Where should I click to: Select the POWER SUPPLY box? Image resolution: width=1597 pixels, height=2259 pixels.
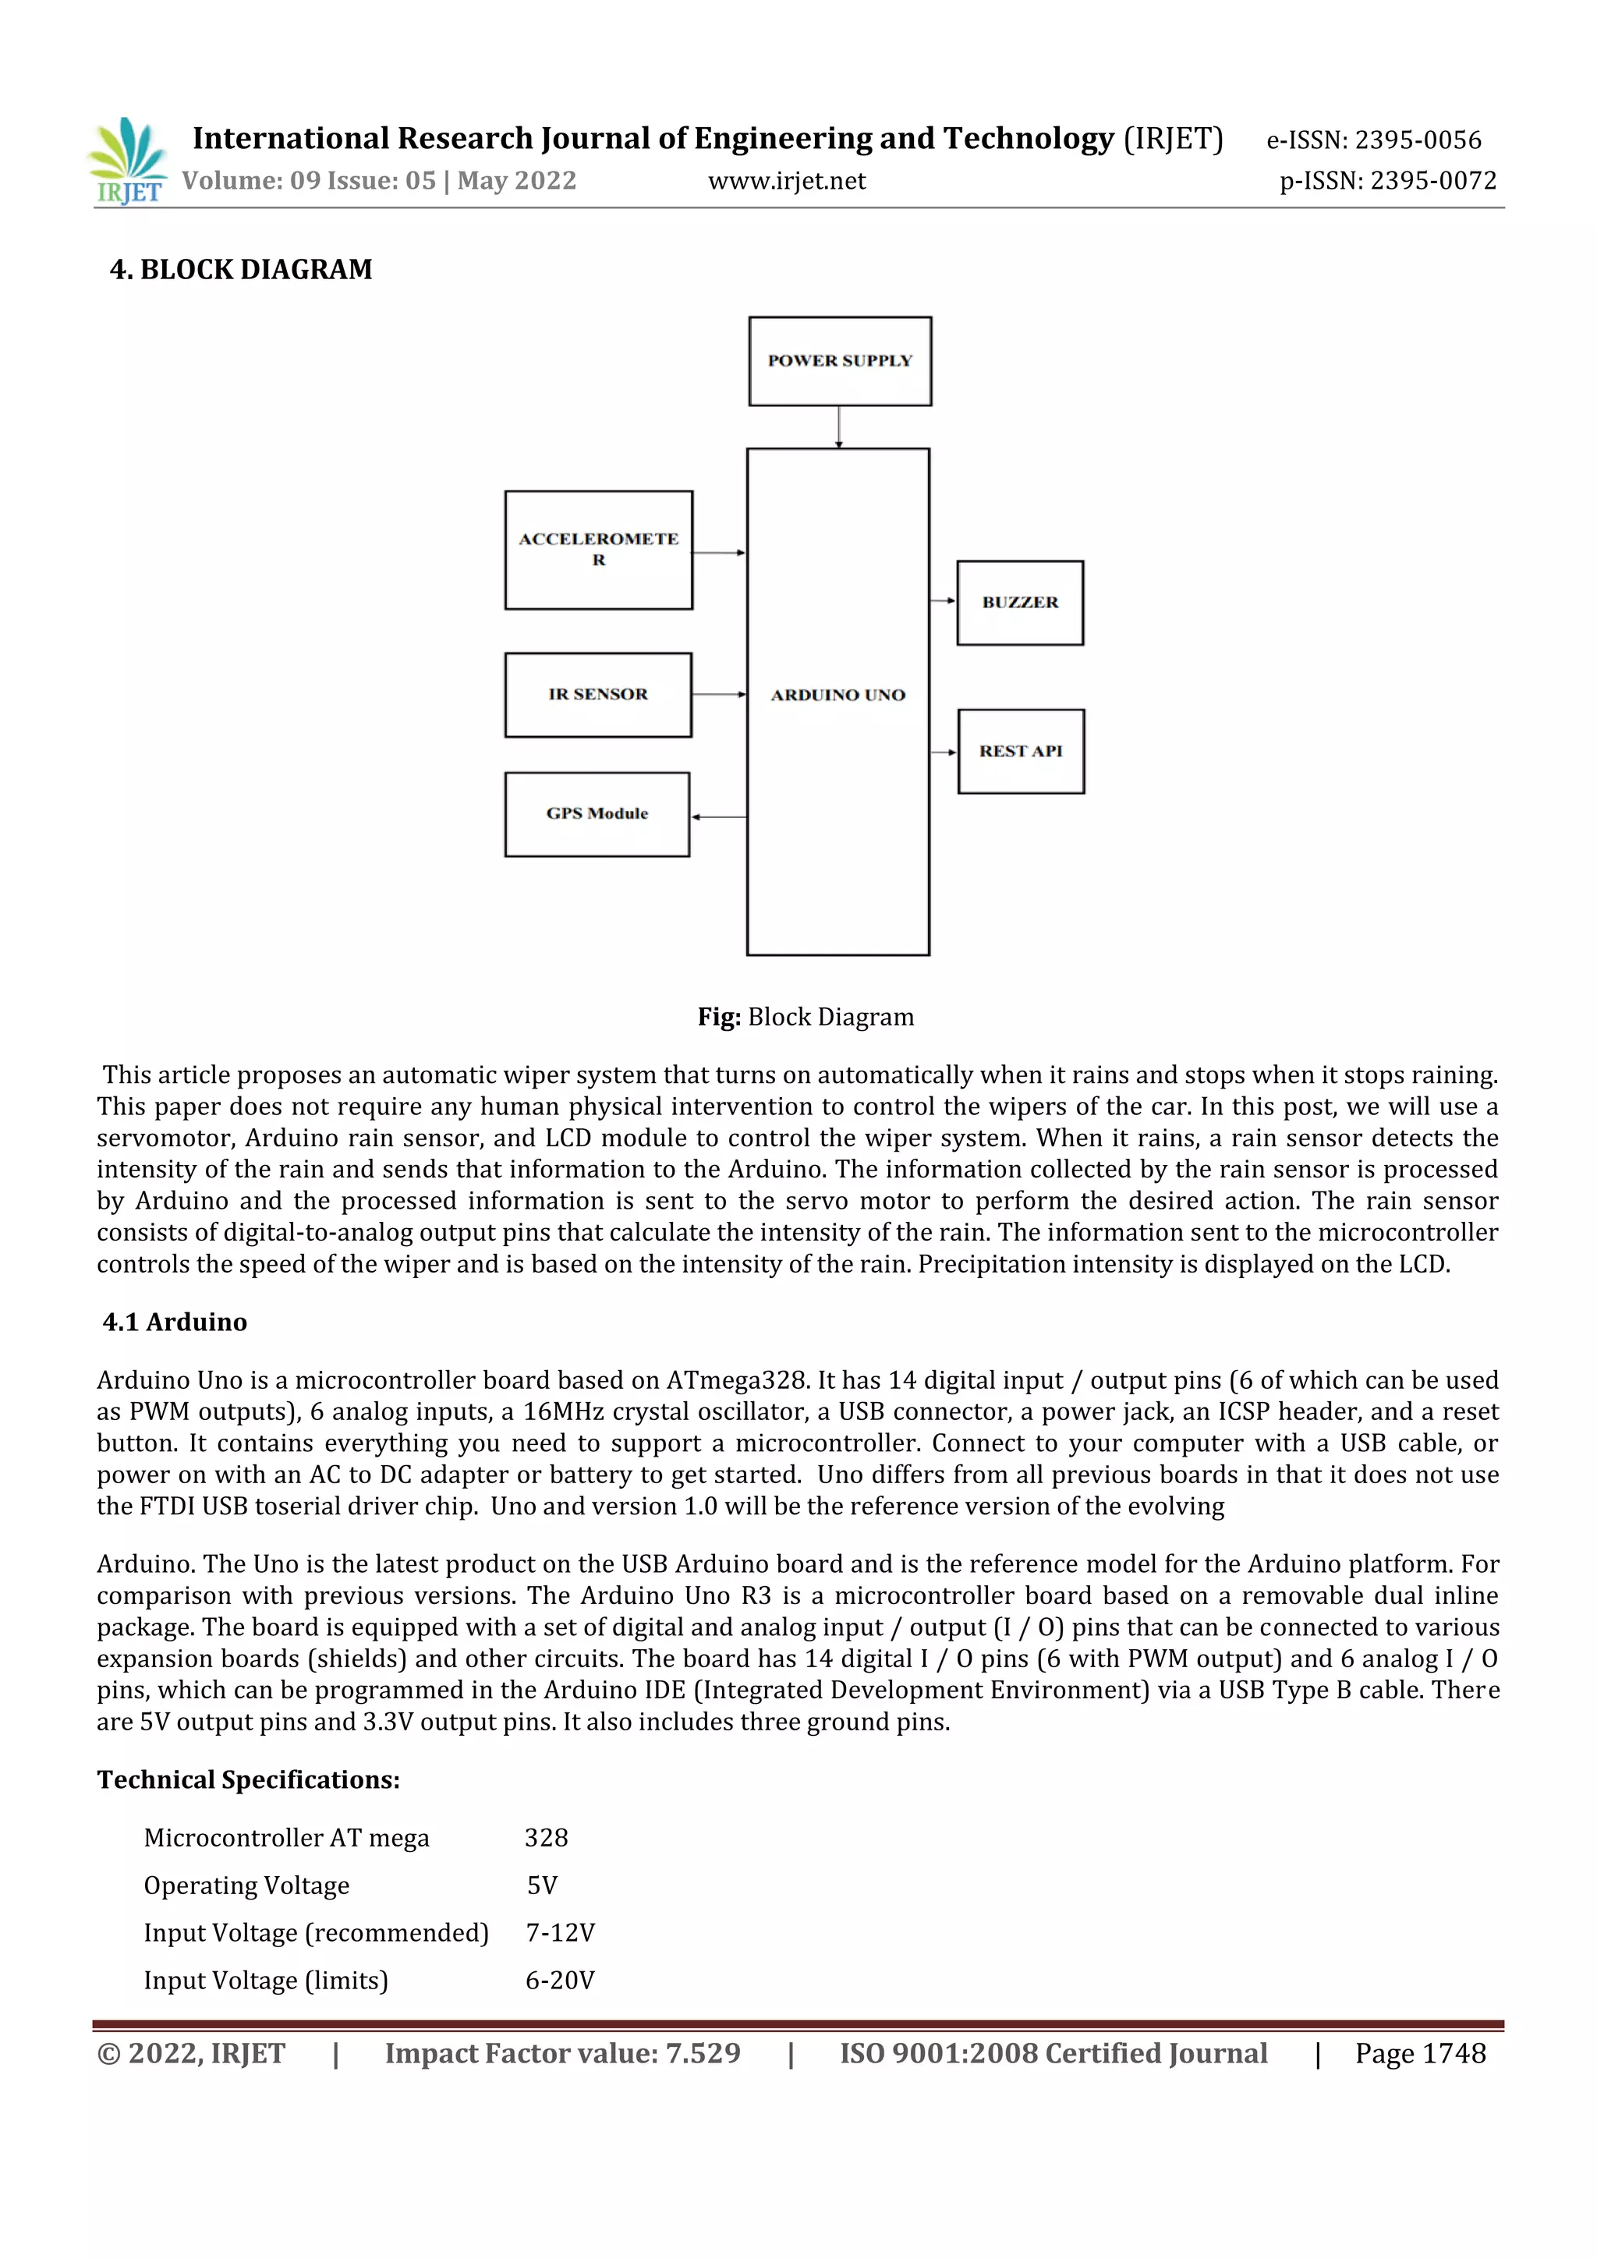pos(839,361)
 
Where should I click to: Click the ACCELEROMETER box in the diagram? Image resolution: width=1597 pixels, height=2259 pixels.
pos(598,550)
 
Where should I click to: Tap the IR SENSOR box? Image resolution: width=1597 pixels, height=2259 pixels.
pos(598,695)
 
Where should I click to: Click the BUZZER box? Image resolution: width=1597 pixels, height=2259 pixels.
pos(1019,603)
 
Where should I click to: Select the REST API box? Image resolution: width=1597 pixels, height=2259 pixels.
pos(1021,752)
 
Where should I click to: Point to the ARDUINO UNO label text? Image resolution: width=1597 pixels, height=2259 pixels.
pos(837,696)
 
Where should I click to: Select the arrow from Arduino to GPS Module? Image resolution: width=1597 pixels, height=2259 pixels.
pos(718,816)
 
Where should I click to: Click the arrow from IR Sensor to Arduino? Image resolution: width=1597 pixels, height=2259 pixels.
pos(718,695)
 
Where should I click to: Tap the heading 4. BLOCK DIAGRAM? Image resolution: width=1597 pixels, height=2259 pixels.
pos(241,270)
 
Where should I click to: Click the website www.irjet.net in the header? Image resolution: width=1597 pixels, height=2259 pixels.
pos(786,181)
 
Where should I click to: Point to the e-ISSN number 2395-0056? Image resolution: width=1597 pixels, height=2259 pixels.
pos(1417,140)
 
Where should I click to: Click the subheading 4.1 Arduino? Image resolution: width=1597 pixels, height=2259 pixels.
pos(175,1322)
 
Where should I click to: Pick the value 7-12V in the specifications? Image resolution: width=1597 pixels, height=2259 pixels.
pos(560,1933)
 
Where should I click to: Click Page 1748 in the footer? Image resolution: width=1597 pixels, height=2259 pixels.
pos(1420,2053)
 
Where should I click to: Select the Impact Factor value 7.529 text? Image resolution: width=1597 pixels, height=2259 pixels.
pos(562,2053)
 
